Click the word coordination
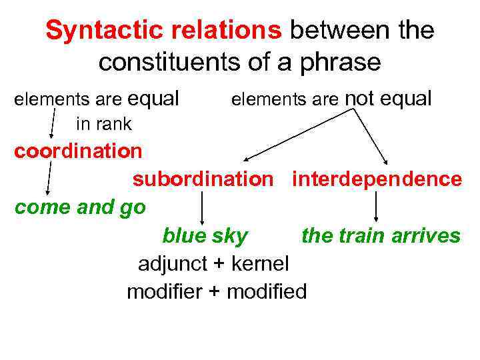79,151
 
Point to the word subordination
203,179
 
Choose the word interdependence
377,179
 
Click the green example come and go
80,207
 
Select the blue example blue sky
205,236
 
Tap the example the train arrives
381,236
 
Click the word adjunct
172,264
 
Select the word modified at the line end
267,292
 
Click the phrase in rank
104,124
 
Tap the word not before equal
360,99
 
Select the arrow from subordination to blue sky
203,208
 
